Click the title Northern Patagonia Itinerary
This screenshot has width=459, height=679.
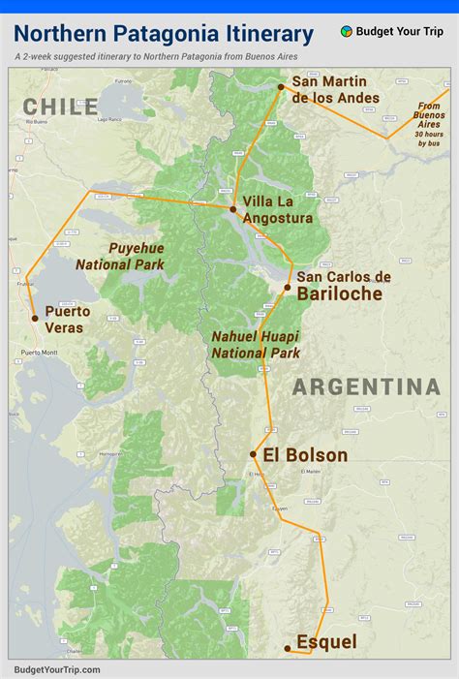coord(164,34)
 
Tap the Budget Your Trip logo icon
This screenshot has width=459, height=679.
coord(347,31)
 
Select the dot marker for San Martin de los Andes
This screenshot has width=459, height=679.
coord(282,87)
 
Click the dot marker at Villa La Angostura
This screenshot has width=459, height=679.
coord(233,209)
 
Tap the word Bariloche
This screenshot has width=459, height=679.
coord(339,294)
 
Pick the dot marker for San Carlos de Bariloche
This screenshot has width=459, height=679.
coord(288,288)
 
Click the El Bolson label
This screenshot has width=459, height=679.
coord(304,455)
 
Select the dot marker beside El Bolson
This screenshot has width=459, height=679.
coord(254,453)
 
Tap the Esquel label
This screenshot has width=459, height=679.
coord(326,642)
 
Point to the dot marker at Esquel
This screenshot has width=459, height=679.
coord(288,648)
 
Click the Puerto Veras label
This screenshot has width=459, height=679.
coord(68,320)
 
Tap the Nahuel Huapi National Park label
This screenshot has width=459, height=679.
coord(256,344)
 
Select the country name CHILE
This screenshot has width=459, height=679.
coord(61,108)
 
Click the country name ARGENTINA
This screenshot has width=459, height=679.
coord(367,387)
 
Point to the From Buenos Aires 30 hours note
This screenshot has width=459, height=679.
coord(428,124)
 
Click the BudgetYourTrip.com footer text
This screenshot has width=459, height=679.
coord(57,669)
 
